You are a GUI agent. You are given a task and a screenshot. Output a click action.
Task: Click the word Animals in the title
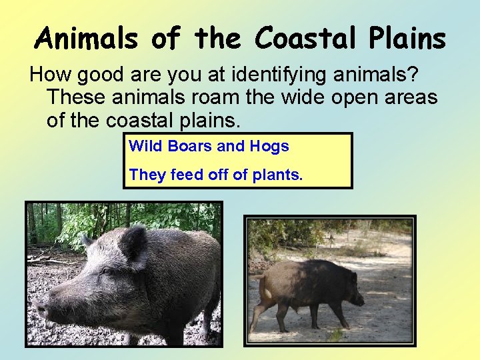(87, 39)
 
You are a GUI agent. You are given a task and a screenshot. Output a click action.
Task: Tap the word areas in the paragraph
(409, 98)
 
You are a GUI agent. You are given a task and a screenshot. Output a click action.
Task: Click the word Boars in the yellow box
(189, 146)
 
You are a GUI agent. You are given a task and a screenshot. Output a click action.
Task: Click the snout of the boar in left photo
(41, 308)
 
